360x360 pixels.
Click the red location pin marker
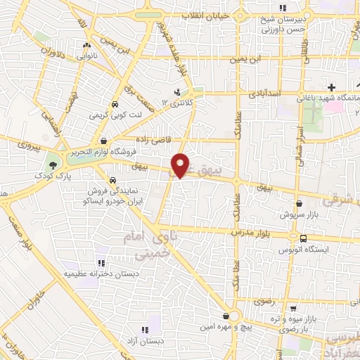pos(181,165)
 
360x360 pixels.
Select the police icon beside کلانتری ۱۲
pos(177,92)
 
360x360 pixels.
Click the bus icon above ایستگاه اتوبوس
pos(303,238)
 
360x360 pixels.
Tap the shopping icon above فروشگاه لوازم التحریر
pos(104,140)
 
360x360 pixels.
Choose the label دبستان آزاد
pos(144,340)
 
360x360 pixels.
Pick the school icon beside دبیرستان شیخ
pos(283,8)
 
